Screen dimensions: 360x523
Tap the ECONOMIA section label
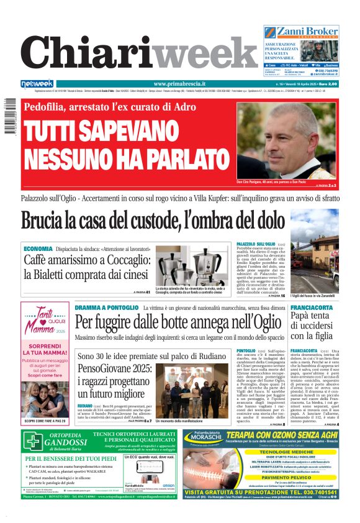(x=38, y=248)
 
